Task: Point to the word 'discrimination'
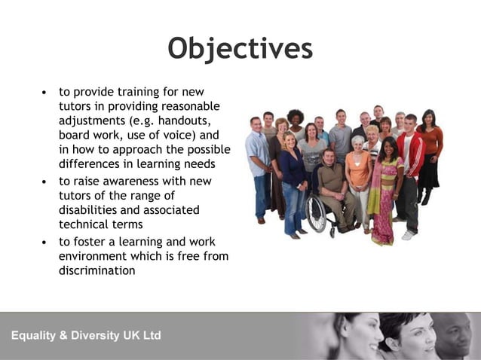[97, 270]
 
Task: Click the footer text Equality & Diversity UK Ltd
[86, 335]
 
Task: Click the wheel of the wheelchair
[317, 216]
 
